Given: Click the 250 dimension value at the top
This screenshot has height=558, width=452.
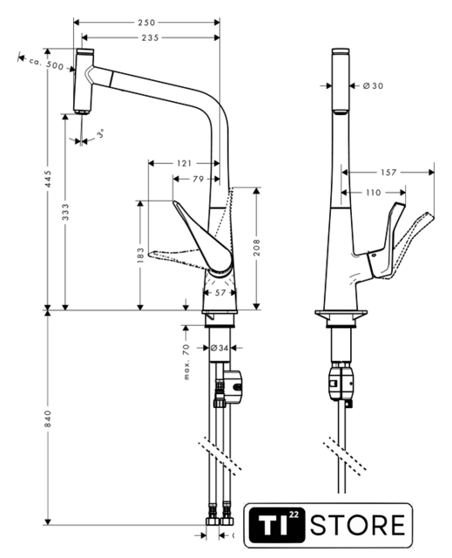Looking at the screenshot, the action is (x=147, y=23).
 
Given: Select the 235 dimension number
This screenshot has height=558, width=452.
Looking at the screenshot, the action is (x=151, y=37).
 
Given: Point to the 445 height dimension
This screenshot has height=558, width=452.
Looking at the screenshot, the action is (x=48, y=179).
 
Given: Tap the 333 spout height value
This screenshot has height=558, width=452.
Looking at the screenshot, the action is (x=65, y=212).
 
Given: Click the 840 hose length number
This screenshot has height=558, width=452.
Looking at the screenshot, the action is (x=48, y=418).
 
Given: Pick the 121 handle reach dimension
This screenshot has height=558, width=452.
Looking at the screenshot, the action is (x=184, y=163).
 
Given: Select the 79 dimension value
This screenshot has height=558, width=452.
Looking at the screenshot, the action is (x=199, y=179).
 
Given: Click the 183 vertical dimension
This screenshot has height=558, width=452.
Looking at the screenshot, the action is (x=141, y=255).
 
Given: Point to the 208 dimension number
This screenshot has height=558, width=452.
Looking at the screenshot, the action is (x=257, y=248).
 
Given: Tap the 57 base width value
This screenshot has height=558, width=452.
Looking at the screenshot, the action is (x=220, y=293).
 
